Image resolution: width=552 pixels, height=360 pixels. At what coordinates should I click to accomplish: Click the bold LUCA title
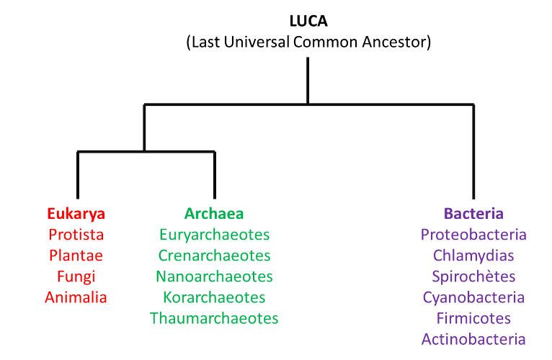pos(308,21)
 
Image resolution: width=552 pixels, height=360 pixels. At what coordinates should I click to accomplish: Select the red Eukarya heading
pos(76,214)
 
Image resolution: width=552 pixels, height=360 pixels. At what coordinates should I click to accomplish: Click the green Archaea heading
pos(214,214)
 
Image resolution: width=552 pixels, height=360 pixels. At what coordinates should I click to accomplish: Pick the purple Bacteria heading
pos(473,214)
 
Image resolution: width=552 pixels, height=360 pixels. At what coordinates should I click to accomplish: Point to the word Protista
pos(76,235)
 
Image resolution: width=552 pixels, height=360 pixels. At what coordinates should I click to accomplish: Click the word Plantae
pos(76,256)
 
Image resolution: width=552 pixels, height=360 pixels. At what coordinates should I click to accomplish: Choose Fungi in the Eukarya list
pos(76,277)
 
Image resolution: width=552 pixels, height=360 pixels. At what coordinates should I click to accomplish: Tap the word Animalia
pos(76,297)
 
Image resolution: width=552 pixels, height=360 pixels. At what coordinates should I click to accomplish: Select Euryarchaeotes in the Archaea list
pos(215,235)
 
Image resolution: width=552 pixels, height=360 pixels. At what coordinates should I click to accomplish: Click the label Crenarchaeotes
pos(215,256)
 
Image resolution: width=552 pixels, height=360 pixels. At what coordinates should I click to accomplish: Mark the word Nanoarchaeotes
pos(215,276)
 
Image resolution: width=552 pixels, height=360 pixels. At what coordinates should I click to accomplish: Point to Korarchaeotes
pos(215,297)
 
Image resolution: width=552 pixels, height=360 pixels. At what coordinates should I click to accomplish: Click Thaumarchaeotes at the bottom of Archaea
pos(214,318)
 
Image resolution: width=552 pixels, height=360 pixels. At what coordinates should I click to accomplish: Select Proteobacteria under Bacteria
pos(473,235)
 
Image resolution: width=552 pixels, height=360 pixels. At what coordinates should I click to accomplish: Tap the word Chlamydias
pos(473,256)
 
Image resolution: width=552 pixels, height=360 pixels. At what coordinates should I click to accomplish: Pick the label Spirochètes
pos(473,277)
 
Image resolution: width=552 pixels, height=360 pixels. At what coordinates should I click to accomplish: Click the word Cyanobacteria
pos(473,297)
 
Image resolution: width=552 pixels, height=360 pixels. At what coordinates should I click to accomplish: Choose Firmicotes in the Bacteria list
pos(473,318)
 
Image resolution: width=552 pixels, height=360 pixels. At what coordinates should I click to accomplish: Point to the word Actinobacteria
pos(473,339)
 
